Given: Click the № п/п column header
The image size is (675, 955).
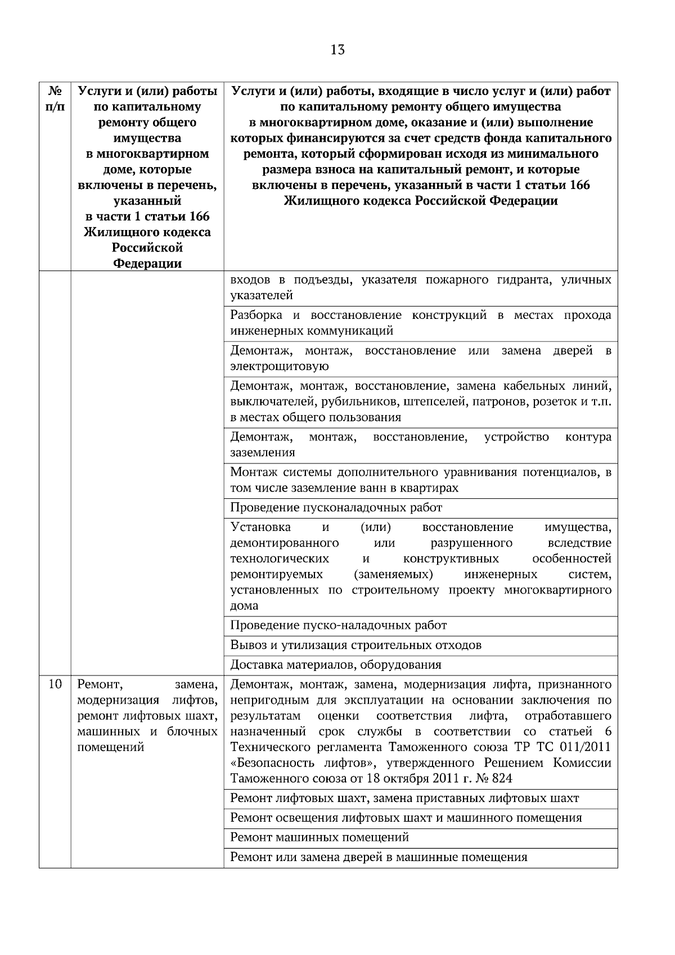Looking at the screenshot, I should (55, 98).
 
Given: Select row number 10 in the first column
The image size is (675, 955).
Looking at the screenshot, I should (55, 684).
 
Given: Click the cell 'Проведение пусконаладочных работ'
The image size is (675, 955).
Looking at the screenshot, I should (336, 508).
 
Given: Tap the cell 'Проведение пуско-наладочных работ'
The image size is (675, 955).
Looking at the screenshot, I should (339, 625).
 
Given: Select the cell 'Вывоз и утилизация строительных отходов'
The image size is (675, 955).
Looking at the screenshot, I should (355, 645).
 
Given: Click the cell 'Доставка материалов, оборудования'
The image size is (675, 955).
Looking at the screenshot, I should (336, 665).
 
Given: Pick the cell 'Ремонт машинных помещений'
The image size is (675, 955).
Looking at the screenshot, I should (319, 837).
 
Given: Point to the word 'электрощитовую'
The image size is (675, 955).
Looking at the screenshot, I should (280, 367).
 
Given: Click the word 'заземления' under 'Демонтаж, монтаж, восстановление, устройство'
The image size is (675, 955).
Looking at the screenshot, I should (263, 453).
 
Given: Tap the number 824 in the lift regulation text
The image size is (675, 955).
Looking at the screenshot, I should (502, 779).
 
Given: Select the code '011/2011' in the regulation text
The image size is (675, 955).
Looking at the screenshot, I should (588, 747).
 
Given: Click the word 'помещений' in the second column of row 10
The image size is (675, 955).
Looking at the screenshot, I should (110, 747).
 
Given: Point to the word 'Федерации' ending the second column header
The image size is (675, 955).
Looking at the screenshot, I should (147, 264).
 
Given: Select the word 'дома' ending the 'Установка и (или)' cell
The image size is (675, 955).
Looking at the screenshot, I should (245, 606).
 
